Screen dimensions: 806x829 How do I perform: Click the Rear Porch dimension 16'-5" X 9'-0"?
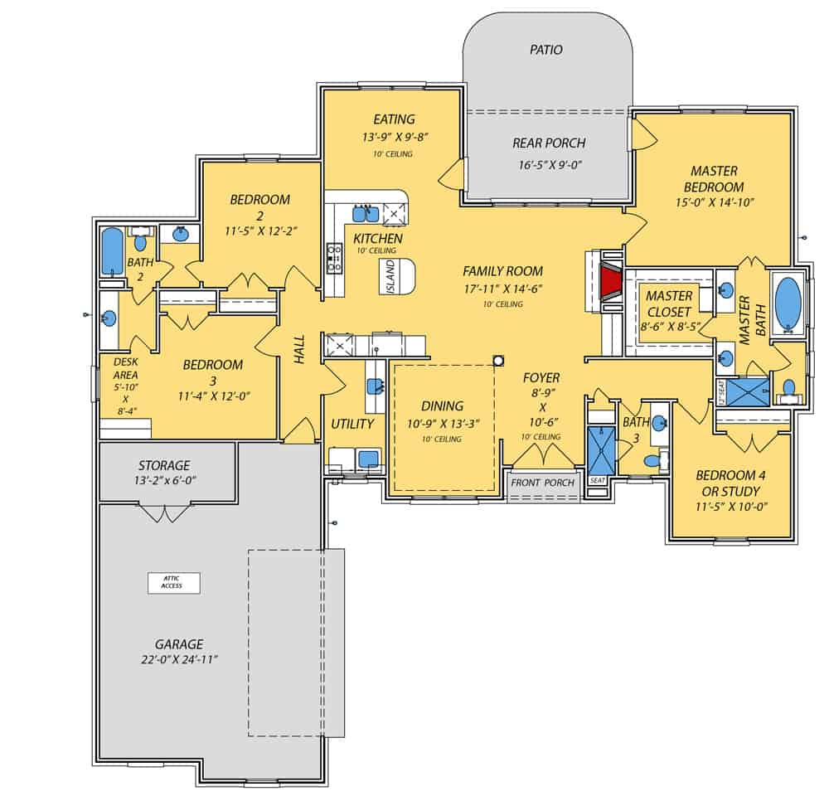[x=548, y=164]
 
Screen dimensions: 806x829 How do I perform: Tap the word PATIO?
[x=545, y=50]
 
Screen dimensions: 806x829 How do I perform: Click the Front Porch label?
[x=542, y=483]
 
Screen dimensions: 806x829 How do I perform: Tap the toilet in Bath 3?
[x=653, y=459]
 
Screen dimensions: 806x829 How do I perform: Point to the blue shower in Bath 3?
[x=598, y=448]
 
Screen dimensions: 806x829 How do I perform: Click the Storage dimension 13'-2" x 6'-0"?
[x=165, y=480]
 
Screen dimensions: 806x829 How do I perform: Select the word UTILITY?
[x=353, y=424]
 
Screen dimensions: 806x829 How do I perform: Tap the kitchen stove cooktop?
[x=336, y=257]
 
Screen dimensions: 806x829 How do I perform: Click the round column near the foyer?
[x=499, y=361]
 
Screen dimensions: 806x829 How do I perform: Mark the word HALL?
[x=299, y=349]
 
